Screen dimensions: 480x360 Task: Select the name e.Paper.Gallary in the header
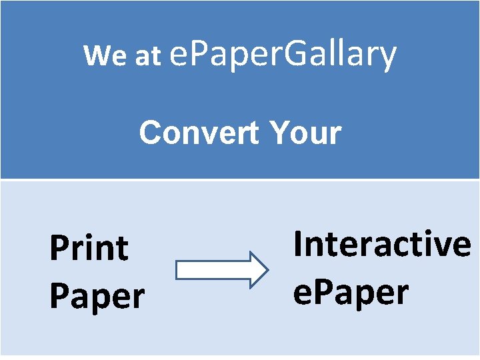pos(283,55)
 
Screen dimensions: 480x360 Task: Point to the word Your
pos(306,133)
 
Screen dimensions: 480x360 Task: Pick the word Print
pos(89,249)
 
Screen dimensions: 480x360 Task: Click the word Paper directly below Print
pos(97,295)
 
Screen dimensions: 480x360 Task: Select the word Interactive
pos(382,243)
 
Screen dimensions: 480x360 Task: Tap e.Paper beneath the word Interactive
pos(351,292)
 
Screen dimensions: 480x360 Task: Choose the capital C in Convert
pos(150,133)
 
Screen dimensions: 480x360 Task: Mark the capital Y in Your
pos(281,133)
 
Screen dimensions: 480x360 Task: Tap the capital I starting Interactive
pos(297,243)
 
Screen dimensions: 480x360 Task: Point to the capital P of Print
pos(58,249)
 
